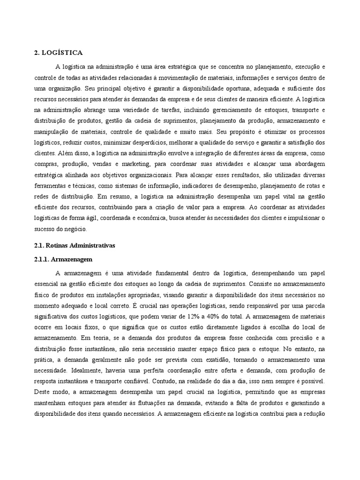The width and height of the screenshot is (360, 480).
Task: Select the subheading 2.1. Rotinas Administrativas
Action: coord(74,245)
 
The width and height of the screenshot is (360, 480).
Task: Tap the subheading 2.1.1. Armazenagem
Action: coord(63,259)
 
